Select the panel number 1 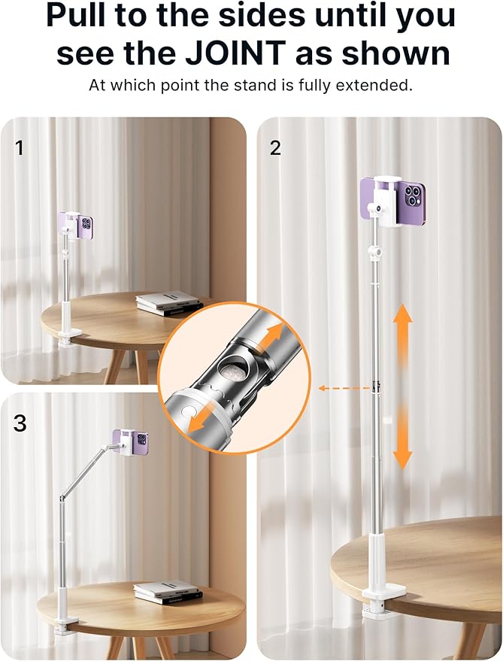click(20, 148)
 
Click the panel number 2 click(275, 148)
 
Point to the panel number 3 click(20, 423)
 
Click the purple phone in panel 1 click(76, 225)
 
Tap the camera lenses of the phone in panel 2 click(413, 197)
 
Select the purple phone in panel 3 click(130, 441)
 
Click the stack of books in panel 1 click(168, 303)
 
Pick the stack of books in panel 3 click(168, 592)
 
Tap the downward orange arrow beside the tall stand click(403, 438)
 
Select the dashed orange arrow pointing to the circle click(344, 388)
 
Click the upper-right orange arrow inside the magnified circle click(271, 336)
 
